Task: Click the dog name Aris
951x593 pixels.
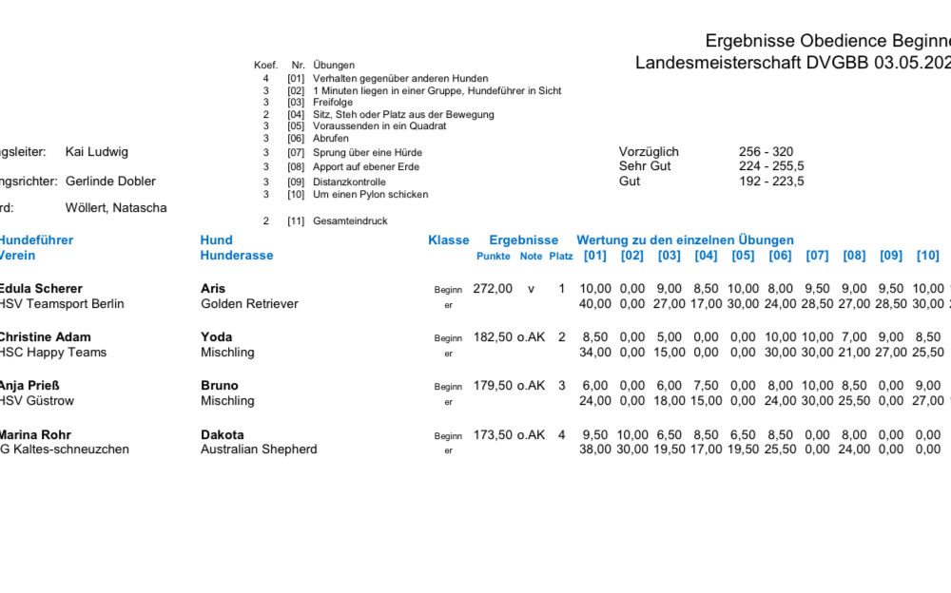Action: (213, 289)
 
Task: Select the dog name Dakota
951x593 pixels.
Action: (223, 435)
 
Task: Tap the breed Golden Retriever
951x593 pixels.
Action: (249, 304)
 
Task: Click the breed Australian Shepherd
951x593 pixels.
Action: (259, 450)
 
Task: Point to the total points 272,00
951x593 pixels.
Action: (493, 289)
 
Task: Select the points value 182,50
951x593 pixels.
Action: (493, 337)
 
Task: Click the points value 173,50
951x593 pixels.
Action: (493, 435)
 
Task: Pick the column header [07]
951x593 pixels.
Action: (817, 256)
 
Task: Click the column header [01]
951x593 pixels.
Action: (594, 256)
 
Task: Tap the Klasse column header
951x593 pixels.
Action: (449, 240)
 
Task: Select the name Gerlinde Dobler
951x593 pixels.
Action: (110, 182)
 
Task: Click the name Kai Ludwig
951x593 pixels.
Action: (96, 152)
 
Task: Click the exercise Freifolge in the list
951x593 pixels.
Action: (333, 103)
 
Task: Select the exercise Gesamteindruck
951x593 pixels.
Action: (354, 221)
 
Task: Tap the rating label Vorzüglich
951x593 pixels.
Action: (649, 152)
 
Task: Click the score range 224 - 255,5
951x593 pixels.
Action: (771, 166)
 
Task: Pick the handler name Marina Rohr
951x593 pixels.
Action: (34, 435)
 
